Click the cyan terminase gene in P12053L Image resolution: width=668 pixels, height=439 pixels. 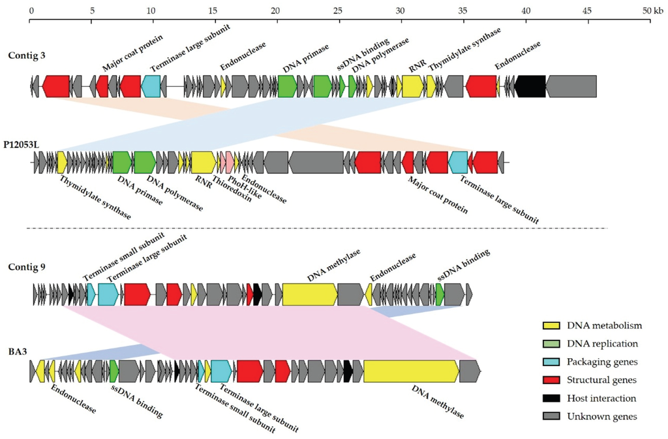[458, 162]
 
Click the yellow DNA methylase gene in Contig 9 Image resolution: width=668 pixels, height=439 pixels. [310, 294]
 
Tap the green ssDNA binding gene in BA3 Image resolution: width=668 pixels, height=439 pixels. [114, 371]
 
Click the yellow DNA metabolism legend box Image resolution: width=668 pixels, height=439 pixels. [552, 325]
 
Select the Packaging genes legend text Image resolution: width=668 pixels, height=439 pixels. [601, 361]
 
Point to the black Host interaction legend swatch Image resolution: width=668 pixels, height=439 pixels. [552, 398]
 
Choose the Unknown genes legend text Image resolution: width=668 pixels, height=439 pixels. [601, 416]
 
